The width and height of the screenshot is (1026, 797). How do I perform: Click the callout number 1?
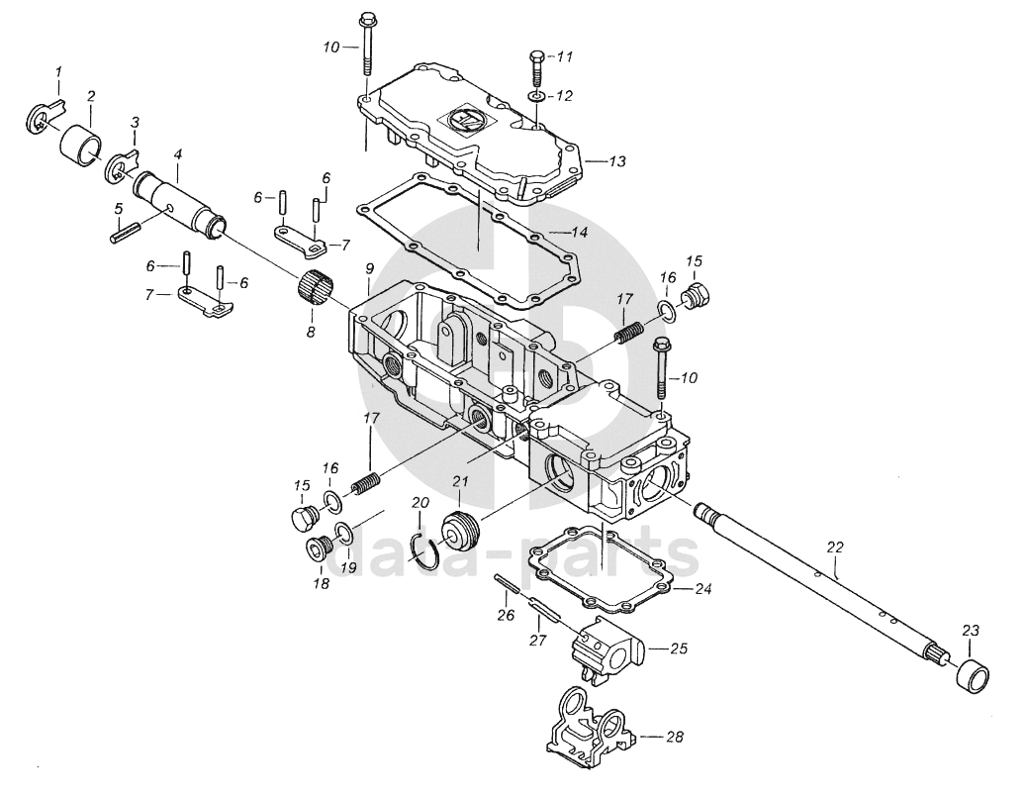click(58, 70)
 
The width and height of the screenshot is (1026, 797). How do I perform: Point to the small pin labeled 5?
click(125, 234)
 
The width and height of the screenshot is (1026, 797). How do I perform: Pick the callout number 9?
click(369, 268)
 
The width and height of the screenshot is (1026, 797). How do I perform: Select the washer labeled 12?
click(535, 98)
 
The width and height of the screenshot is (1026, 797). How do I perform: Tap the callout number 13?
click(617, 161)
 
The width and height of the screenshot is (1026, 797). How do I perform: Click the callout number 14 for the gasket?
click(579, 232)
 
